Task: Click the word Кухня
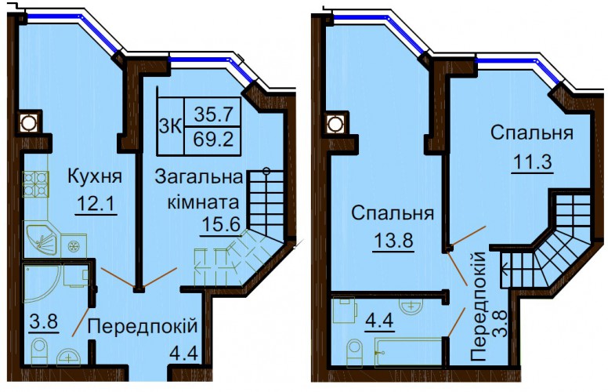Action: [95, 176]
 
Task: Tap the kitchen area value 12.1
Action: [96, 202]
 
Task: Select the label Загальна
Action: [198, 178]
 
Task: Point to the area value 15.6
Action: [221, 224]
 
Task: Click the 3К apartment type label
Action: [170, 126]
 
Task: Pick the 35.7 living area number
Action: [214, 114]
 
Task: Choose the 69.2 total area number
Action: [214, 139]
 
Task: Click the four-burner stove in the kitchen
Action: [36, 183]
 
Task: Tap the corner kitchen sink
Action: [40, 238]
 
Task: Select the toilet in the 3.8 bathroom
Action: [39, 352]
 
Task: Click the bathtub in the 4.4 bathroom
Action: [408, 352]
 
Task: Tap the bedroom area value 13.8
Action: [393, 241]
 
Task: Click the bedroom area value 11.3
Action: [533, 162]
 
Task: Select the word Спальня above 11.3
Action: [532, 133]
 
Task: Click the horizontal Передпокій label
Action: [143, 327]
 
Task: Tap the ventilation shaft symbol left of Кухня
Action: [28, 122]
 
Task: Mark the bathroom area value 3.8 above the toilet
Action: [44, 322]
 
